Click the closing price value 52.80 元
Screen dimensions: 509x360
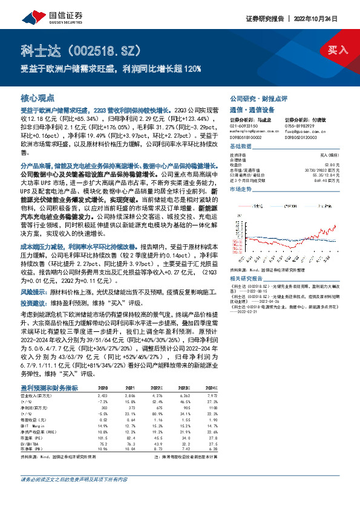coord(326,163)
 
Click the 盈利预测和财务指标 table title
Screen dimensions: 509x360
coord(49,387)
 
